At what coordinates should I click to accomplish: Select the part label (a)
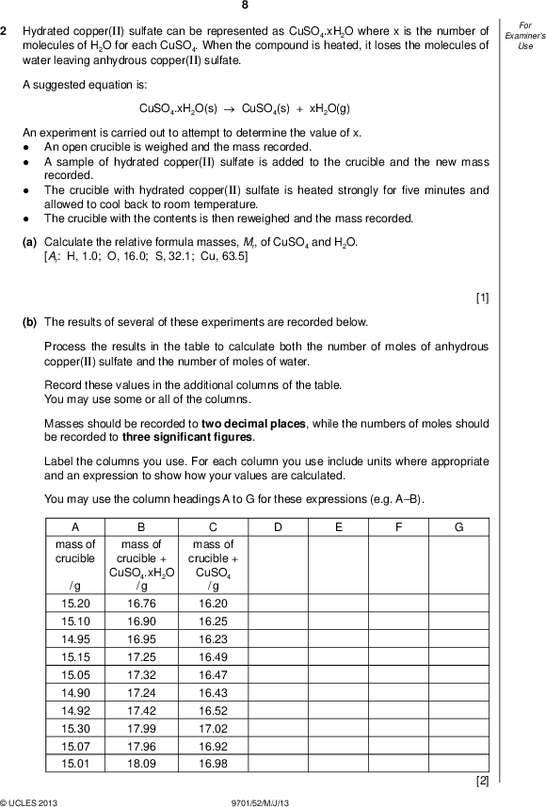pyautogui.click(x=29, y=242)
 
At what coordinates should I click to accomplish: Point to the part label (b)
pyautogui.click(x=29, y=321)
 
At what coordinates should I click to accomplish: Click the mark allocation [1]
pyautogui.click(x=482, y=299)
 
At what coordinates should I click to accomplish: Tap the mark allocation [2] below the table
pyautogui.click(x=482, y=781)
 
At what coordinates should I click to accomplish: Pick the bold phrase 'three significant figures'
pyautogui.click(x=187, y=437)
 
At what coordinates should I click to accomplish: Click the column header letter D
pyautogui.click(x=278, y=527)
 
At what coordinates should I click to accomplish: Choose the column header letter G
pyautogui.click(x=458, y=527)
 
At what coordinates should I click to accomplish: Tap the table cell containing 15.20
pyautogui.click(x=75, y=603)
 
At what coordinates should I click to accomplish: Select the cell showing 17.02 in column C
pyautogui.click(x=214, y=728)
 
